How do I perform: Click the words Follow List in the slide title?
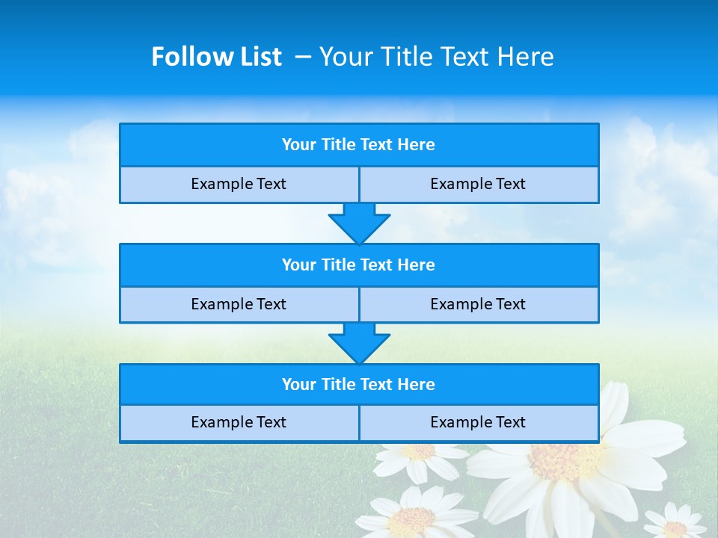[x=216, y=57]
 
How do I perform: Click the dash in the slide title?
[x=304, y=57]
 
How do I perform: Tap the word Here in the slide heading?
[x=527, y=57]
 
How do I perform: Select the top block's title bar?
[x=359, y=145]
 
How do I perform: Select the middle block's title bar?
[x=359, y=265]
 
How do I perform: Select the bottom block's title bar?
[x=359, y=385]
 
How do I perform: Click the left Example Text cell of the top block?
[x=239, y=185]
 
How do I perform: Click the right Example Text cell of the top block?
[x=479, y=185]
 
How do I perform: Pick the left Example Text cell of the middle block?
[x=239, y=304]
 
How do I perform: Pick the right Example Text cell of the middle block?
[x=479, y=304]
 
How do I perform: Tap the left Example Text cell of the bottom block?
[x=239, y=423]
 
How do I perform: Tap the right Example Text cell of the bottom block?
[x=479, y=423]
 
